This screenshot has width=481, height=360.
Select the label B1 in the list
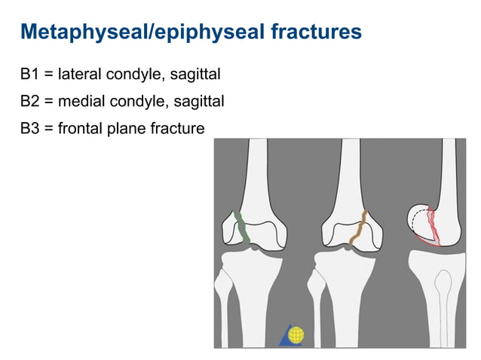pos(31,76)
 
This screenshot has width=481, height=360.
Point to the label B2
pos(31,102)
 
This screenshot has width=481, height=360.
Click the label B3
pos(31,128)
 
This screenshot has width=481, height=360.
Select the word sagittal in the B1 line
pos(195,76)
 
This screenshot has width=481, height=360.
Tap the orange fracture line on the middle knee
pos(360,230)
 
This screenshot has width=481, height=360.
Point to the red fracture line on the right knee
pos(432,226)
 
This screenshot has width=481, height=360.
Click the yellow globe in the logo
pos(297,334)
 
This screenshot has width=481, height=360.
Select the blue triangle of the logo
pos(284,338)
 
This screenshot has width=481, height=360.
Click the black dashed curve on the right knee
pos(415,219)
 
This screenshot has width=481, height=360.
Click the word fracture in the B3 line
pos(179,128)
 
